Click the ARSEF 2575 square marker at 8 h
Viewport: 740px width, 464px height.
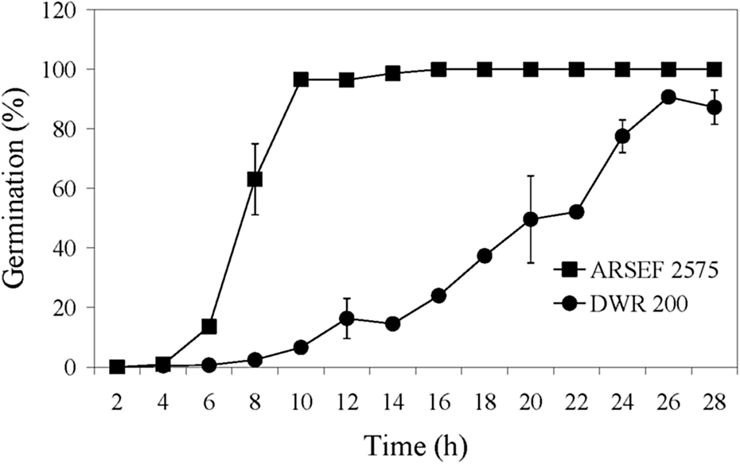[x=255, y=180]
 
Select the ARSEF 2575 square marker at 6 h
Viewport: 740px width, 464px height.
[x=209, y=327]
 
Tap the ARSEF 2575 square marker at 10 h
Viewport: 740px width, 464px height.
[x=301, y=79]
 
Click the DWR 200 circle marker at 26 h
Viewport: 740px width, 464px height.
[x=668, y=97]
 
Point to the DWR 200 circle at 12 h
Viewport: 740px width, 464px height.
[x=347, y=319]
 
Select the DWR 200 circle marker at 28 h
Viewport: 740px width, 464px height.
[x=715, y=107]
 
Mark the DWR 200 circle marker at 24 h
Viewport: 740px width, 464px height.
[x=622, y=136]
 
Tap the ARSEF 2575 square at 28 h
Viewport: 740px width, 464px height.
[x=715, y=69]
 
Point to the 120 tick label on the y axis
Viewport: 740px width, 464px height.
[x=65, y=10]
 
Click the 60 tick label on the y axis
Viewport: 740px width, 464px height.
[x=70, y=188]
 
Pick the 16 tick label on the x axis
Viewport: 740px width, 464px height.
[x=438, y=403]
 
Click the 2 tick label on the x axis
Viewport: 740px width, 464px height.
[x=118, y=403]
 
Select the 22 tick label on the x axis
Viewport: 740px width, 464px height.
[x=576, y=403]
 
